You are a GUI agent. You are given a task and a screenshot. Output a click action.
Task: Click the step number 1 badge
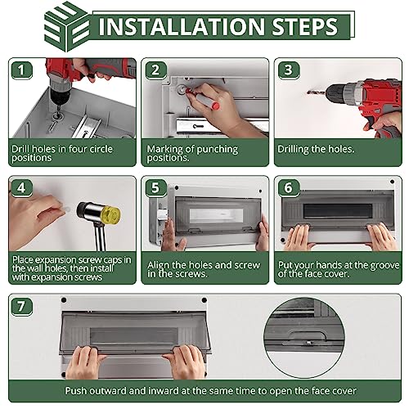pos(21,70)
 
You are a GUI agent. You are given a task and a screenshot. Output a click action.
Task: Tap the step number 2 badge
pos(155,70)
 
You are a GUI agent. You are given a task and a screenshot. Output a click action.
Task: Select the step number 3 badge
pos(289,70)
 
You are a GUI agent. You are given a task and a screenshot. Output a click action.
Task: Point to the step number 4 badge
pos(21,188)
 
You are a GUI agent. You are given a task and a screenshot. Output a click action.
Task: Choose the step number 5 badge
pos(155,188)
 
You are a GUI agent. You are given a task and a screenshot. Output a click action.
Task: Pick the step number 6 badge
pos(289,188)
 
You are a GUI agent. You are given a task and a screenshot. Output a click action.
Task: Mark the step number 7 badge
pos(21,307)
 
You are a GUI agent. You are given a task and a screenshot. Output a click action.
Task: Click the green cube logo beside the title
pos(66,26)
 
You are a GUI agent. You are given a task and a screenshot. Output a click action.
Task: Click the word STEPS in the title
pos(305,26)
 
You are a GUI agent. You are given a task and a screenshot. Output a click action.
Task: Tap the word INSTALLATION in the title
pos(182,26)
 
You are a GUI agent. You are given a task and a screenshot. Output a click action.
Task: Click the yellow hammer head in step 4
pos(111,213)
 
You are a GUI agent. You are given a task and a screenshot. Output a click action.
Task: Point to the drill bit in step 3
pos(316,92)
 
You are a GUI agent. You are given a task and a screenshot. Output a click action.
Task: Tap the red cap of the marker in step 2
pos(215,106)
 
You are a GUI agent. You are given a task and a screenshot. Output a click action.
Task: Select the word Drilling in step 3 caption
pos(293,150)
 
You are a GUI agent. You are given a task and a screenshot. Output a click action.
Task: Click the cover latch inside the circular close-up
pos(308,336)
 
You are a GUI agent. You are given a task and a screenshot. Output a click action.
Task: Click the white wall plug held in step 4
pos(66,209)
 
